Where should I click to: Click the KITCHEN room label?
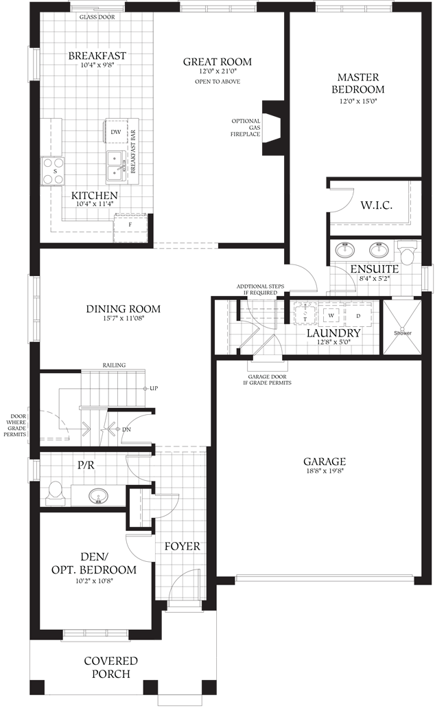tap(95, 195)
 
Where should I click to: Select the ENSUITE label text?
tap(375, 269)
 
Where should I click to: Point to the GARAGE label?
tap(325, 462)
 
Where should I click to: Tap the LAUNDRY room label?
tap(333, 333)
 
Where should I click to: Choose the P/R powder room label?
tap(86, 464)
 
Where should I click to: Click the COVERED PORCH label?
tap(110, 667)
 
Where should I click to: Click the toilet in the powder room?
tap(56, 492)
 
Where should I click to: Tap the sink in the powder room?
tap(99, 495)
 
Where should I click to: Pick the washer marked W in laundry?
tap(331, 315)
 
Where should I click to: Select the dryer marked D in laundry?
tap(358, 315)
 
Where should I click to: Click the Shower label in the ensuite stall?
tap(403, 333)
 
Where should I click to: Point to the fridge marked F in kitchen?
tap(129, 224)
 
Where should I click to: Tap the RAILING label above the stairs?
tap(114, 365)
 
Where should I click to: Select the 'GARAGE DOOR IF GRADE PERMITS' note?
tap(268, 379)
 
